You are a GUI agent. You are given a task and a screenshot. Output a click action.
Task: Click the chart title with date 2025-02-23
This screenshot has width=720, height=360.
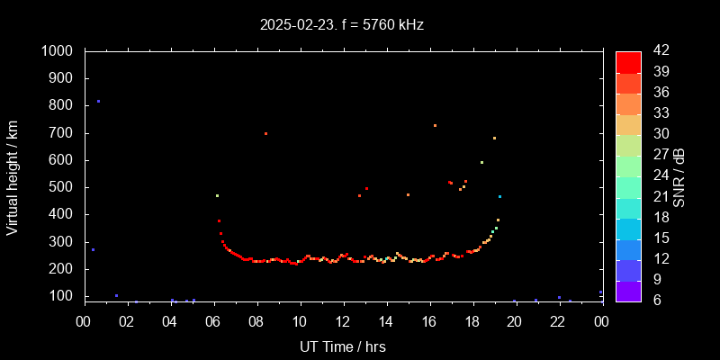pyautogui.click(x=342, y=25)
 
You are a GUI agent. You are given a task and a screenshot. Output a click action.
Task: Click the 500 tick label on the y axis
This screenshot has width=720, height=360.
pyautogui.click(x=62, y=187)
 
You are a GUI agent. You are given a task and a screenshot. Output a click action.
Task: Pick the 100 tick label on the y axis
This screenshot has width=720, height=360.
pyautogui.click(x=62, y=296)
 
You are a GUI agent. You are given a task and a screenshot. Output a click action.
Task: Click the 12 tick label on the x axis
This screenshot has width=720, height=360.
pyautogui.click(x=343, y=321)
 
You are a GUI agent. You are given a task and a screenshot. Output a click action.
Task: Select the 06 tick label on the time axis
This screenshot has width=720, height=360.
pyautogui.click(x=213, y=321)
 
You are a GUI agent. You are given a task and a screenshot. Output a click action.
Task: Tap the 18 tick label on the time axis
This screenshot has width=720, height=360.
pyautogui.click(x=472, y=321)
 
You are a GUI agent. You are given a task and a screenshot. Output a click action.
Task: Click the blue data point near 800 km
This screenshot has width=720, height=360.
pyautogui.click(x=98, y=102)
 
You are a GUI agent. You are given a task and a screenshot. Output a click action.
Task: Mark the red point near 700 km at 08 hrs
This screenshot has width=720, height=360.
pyautogui.click(x=265, y=133)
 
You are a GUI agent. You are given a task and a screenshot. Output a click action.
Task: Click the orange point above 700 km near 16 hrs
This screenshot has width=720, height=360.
pyautogui.click(x=435, y=125)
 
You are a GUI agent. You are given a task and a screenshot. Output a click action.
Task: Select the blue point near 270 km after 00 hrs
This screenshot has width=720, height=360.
pyautogui.click(x=93, y=249)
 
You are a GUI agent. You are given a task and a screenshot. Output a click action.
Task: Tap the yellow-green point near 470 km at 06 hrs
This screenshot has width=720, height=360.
pyautogui.click(x=217, y=195)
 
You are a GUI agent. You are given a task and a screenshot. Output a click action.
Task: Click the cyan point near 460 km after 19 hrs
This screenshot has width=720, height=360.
pyautogui.click(x=499, y=196)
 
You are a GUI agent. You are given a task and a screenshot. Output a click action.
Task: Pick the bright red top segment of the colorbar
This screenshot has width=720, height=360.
pyautogui.click(x=628, y=61)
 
